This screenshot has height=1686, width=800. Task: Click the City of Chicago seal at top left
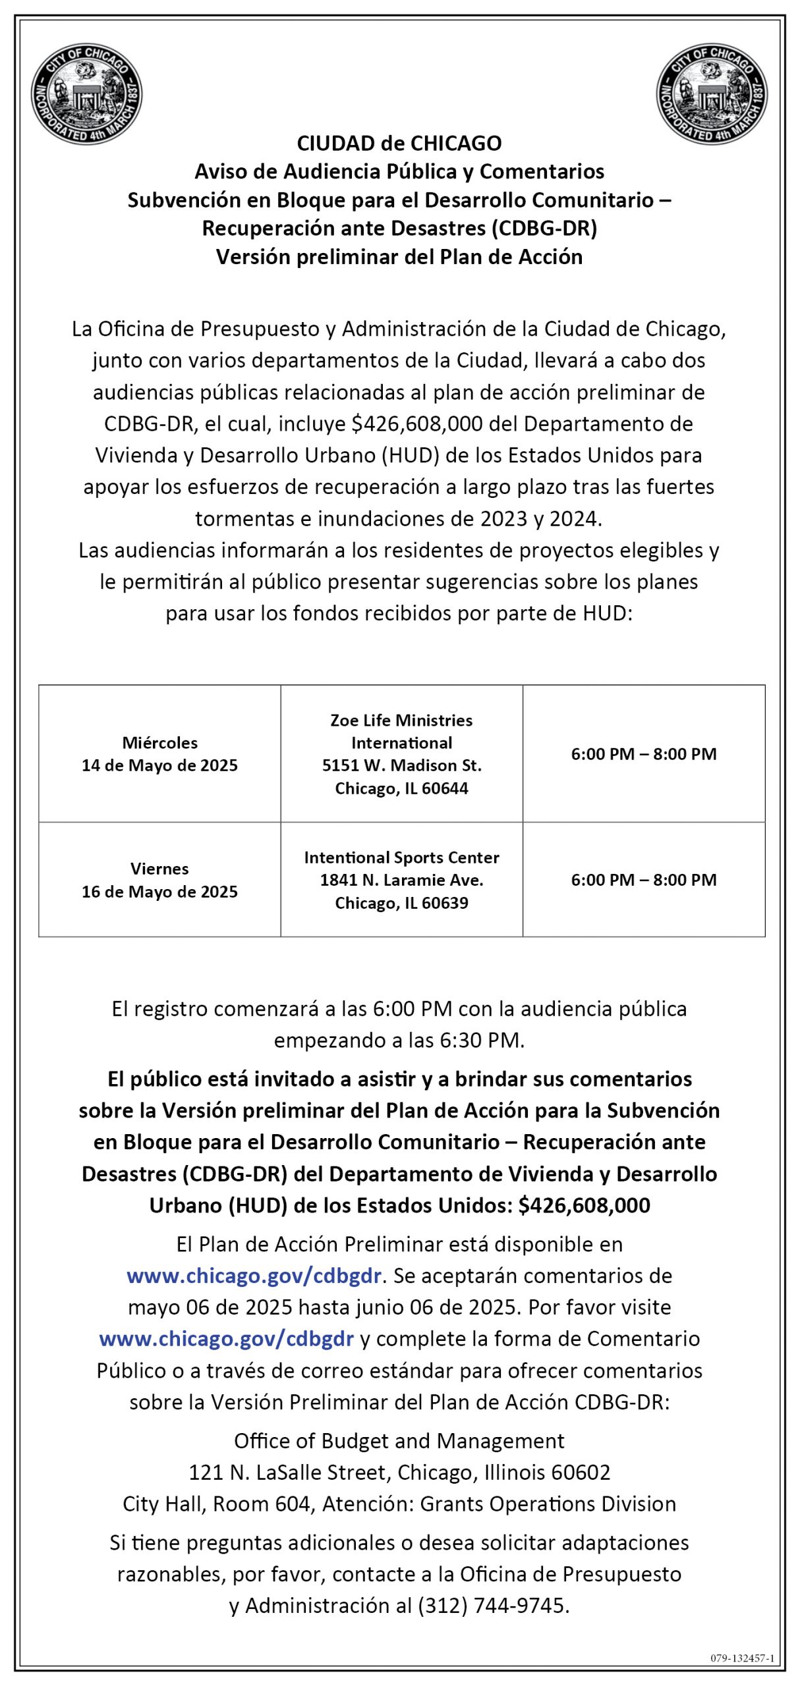tap(86, 94)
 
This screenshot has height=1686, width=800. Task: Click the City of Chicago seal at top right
tap(712, 94)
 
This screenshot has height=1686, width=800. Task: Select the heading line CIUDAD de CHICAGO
tap(399, 143)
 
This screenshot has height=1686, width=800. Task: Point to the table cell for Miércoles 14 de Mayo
tap(159, 754)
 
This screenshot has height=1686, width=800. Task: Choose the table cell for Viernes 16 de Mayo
tap(159, 880)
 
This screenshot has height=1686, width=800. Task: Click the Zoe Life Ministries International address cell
tap(401, 754)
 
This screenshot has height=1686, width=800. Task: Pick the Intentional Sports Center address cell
tap(401, 880)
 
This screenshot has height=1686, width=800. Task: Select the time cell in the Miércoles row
tap(644, 754)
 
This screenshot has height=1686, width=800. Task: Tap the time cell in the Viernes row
tap(644, 880)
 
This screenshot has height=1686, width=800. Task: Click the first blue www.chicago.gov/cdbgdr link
tap(254, 1276)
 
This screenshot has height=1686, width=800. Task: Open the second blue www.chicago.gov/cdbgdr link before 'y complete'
tap(227, 1339)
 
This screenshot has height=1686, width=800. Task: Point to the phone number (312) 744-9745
tap(494, 1606)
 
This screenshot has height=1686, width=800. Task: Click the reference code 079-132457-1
tap(743, 1658)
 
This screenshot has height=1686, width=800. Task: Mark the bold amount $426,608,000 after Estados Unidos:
tap(585, 1205)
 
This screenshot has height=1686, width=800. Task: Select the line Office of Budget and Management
tap(399, 1441)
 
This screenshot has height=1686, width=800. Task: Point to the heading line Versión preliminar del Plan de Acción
tap(399, 256)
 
